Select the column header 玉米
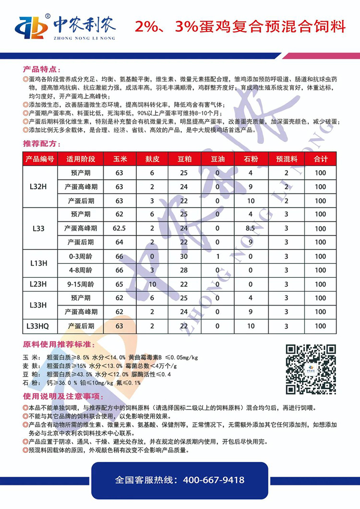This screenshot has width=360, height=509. click(x=119, y=159)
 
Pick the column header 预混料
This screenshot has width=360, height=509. click(x=286, y=159)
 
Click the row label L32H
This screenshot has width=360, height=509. click(x=40, y=187)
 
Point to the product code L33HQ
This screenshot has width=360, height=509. click(x=40, y=326)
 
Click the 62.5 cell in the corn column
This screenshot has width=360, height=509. click(x=119, y=228)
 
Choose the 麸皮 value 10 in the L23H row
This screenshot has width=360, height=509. click(x=152, y=284)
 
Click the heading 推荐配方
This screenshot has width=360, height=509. click(x=43, y=143)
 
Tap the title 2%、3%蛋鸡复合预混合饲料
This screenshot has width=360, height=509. click(x=240, y=26)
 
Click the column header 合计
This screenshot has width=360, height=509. click(x=320, y=159)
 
